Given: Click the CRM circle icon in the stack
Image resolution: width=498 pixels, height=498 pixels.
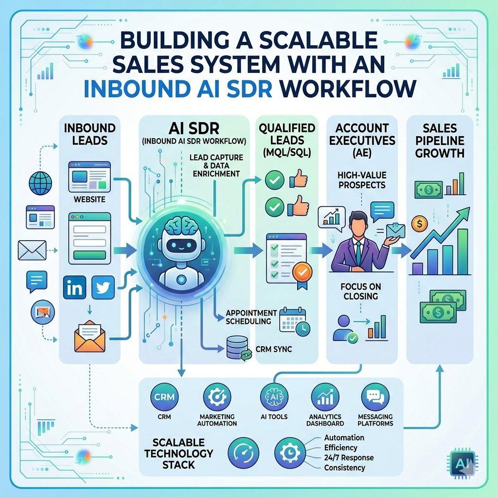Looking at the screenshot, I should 161,397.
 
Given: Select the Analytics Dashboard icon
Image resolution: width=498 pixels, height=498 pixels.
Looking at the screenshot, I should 323,396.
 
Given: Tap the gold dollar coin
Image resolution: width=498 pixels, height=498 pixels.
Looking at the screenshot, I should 418,224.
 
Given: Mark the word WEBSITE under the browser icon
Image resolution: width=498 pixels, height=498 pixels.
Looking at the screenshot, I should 89,199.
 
